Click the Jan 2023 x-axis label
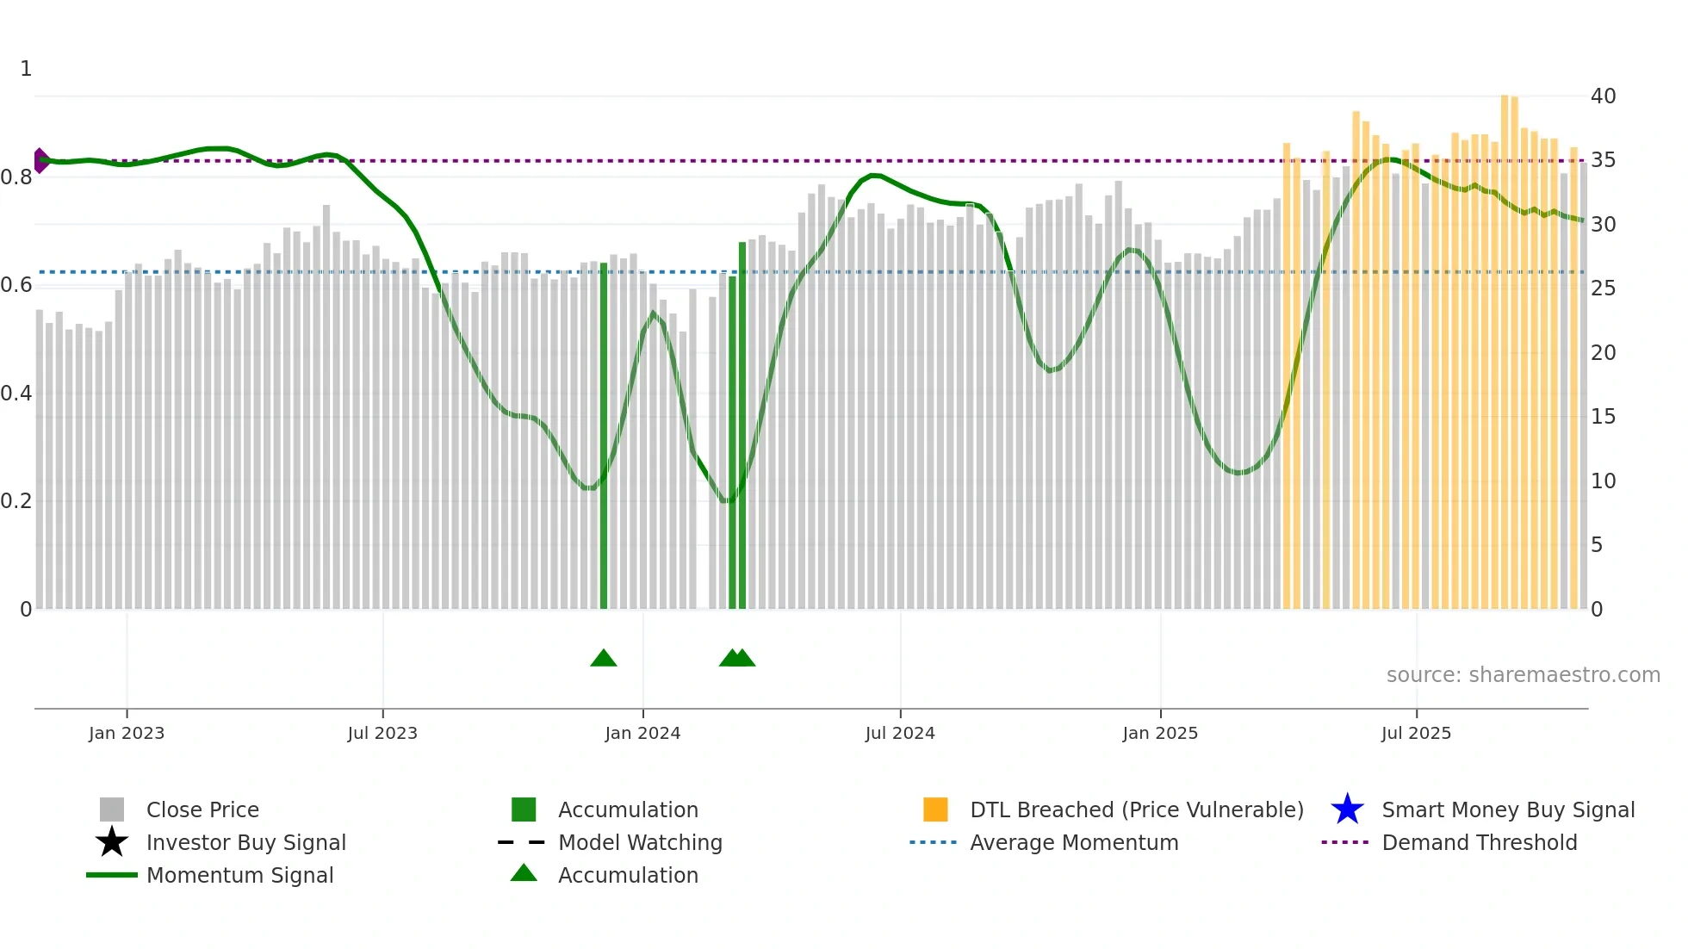click(127, 733)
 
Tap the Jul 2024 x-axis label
click(900, 733)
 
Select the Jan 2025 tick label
click(1160, 733)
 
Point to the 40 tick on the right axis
click(1603, 96)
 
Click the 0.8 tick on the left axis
click(16, 177)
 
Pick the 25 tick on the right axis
click(1603, 288)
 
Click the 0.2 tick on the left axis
click(16, 501)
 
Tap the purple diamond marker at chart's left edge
click(40, 160)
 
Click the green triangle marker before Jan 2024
click(604, 658)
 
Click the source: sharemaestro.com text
click(1523, 675)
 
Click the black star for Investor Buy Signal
click(112, 842)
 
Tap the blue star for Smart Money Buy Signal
click(1347, 809)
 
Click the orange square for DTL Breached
click(935, 809)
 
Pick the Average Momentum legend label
click(1074, 842)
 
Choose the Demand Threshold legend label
click(1479, 842)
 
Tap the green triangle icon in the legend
click(524, 873)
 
